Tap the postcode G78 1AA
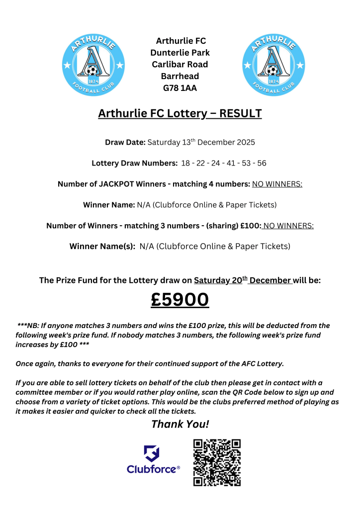pyautogui.click(x=180, y=88)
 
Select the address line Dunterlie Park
pyautogui.click(x=180, y=53)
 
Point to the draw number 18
pyautogui.click(x=186, y=163)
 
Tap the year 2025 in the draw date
pyautogui.click(x=244, y=143)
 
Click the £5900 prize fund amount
pyautogui.click(x=180, y=300)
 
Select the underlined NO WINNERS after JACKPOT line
pyautogui.click(x=277, y=184)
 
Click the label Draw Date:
pyautogui.click(x=125, y=143)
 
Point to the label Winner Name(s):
pyautogui.click(x=102, y=246)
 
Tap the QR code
pyautogui.click(x=217, y=462)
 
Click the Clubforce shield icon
pyautogui.click(x=152, y=453)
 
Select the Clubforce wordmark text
pyautogui.click(x=152, y=469)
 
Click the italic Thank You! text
pyautogui.click(x=180, y=424)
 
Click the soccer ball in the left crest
pyautogui.click(x=90, y=71)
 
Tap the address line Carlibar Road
pyautogui.click(x=180, y=65)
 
